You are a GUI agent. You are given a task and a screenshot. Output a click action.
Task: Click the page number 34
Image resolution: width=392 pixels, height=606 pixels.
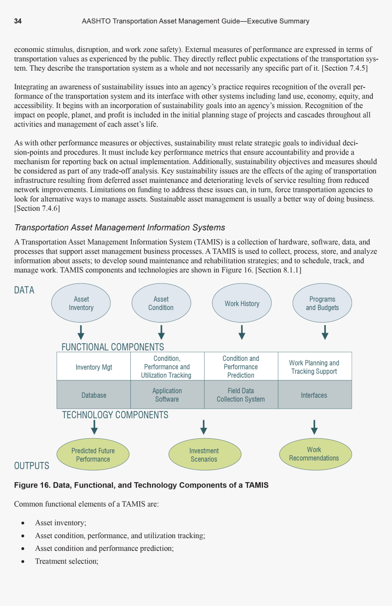pos(18,21)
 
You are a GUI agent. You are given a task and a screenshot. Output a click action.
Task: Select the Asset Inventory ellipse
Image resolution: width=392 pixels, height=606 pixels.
pos(81,303)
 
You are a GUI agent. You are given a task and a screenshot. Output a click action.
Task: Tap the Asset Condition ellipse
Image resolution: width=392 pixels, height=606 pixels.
pos(161,303)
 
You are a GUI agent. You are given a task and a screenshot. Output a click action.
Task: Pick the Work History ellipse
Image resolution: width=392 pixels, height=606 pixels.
pos(242,303)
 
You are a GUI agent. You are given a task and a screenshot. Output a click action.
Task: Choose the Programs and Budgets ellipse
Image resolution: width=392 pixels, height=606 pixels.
pos(322,303)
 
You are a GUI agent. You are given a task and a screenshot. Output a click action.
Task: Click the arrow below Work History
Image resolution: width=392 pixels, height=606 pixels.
pos(242,332)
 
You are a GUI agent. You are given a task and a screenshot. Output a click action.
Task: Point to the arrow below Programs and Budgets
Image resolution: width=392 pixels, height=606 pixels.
pos(325,332)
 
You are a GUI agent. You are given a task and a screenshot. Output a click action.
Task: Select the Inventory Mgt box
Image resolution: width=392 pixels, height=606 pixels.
pos(93,367)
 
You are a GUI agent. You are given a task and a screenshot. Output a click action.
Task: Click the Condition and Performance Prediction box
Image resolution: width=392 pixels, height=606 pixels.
pos(241,367)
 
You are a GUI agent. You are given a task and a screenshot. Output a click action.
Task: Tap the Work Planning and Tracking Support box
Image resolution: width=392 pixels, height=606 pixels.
pos(314,367)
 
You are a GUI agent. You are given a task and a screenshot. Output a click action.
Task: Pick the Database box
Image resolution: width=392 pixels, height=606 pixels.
pos(93,395)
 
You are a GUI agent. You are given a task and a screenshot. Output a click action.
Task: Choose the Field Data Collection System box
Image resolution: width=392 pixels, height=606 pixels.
pos(241,395)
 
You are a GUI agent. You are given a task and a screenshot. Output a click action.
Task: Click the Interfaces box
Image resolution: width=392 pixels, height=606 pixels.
pos(314,395)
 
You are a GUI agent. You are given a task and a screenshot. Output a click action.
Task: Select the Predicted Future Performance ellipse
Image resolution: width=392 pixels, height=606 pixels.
pos(93,455)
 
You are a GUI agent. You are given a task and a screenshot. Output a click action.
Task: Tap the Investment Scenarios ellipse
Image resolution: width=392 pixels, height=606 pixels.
pos(204,455)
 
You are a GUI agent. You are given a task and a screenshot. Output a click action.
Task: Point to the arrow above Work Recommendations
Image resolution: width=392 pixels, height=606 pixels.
pos(314,427)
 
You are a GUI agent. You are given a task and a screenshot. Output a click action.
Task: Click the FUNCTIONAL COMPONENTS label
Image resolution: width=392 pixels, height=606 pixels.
pos(113,347)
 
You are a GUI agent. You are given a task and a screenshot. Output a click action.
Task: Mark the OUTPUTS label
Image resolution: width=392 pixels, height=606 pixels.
pos(31,466)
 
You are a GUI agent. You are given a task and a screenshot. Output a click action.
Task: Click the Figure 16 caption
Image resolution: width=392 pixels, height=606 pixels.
pos(141,485)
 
